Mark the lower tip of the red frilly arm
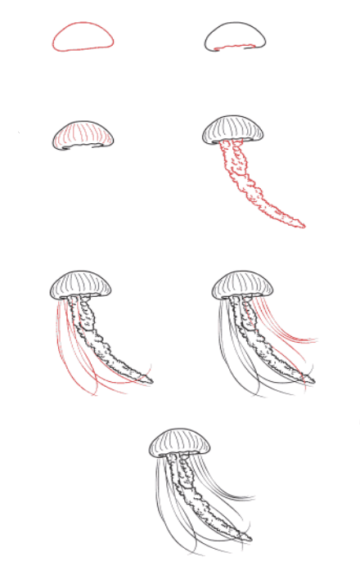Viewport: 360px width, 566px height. (x=300, y=224)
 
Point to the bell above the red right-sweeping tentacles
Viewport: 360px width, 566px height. (x=244, y=284)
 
